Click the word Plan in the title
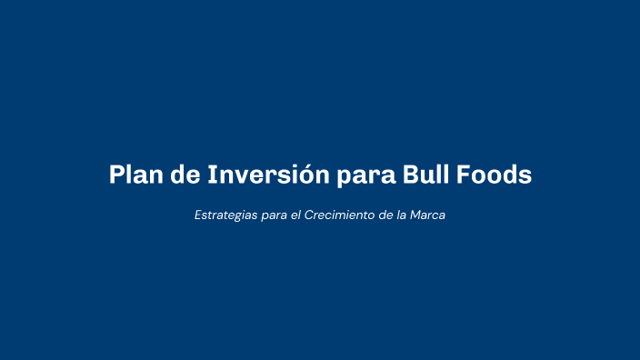click(x=135, y=175)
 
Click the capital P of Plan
click(x=116, y=175)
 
